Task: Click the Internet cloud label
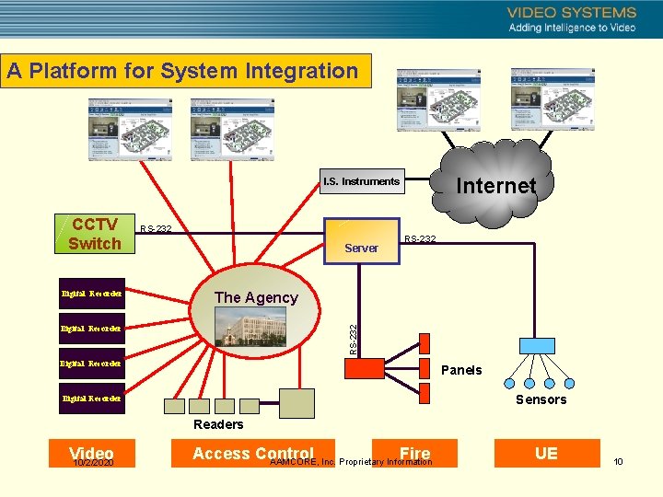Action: pyautogui.click(x=495, y=186)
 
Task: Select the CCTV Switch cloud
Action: pyautogui.click(x=94, y=234)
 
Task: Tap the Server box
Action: pyautogui.click(x=361, y=247)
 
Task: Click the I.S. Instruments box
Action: pyautogui.click(x=361, y=181)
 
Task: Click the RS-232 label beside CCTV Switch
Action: pyautogui.click(x=156, y=229)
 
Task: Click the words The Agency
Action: pyautogui.click(x=256, y=297)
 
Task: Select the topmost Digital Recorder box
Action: pyautogui.click(x=91, y=294)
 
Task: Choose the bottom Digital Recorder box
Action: pyautogui.click(x=91, y=399)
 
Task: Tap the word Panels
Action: pyautogui.click(x=461, y=370)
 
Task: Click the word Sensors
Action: pyautogui.click(x=541, y=399)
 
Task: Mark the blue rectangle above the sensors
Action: pyautogui.click(x=537, y=346)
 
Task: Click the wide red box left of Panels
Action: pyautogui.click(x=364, y=368)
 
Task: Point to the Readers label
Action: pyautogui.click(x=218, y=424)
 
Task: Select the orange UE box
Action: pyautogui.click(x=546, y=453)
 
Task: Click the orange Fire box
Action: pyautogui.click(x=414, y=453)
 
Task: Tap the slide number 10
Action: pyautogui.click(x=618, y=461)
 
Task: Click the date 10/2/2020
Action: pyautogui.click(x=92, y=463)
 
